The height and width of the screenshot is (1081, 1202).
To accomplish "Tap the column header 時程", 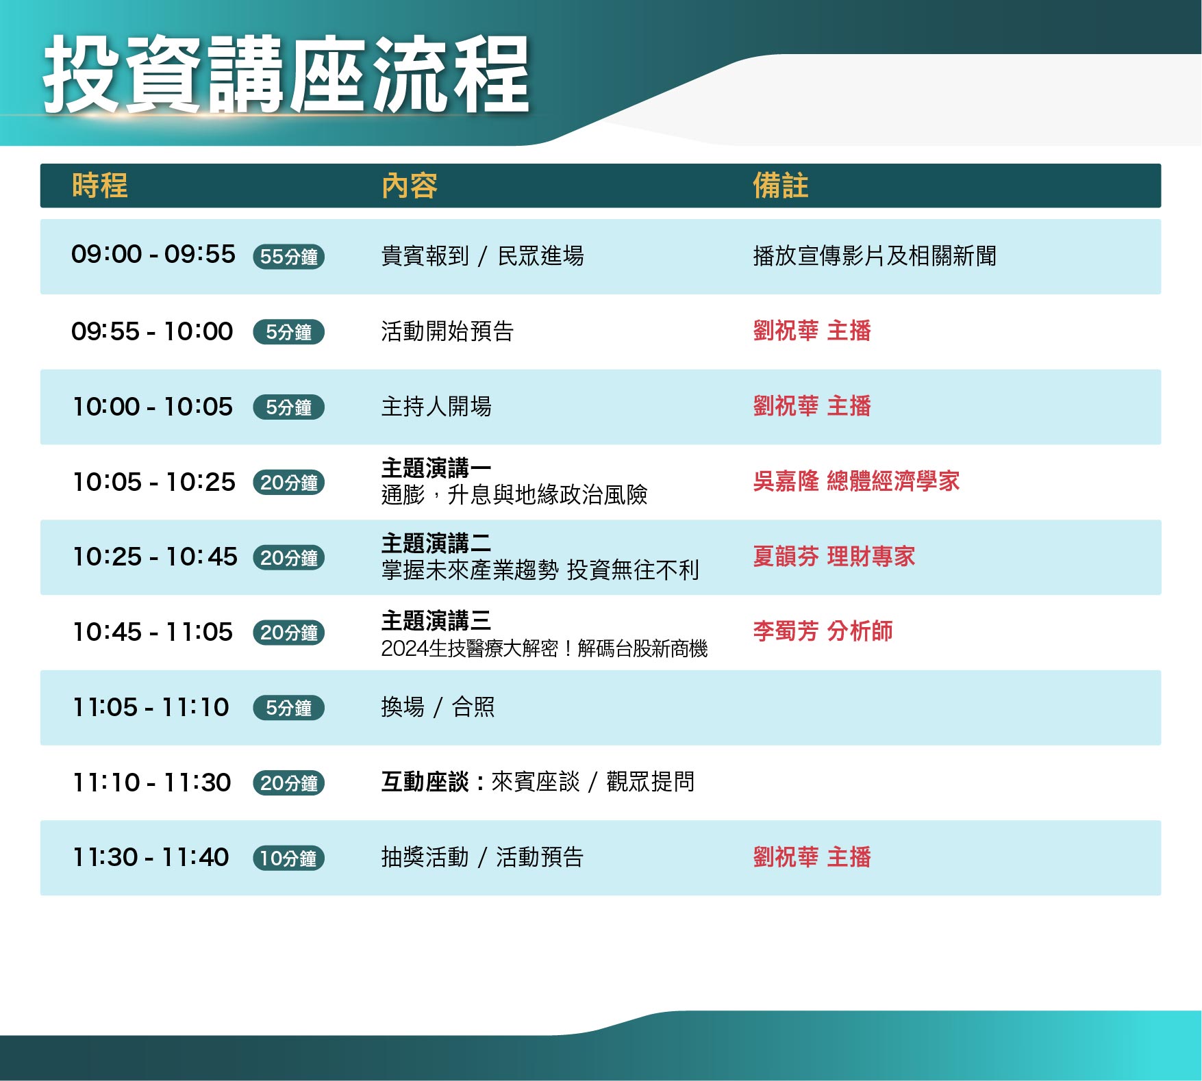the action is click(100, 186).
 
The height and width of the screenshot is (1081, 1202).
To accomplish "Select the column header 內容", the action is click(410, 186).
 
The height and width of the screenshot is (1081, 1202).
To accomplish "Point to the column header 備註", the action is click(781, 186).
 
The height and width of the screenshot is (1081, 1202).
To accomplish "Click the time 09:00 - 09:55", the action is click(153, 255).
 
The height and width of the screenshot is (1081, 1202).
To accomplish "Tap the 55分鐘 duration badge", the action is click(288, 257).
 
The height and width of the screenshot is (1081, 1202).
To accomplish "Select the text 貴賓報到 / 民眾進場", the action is click(483, 256).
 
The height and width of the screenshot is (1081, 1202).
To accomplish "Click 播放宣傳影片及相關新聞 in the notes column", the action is click(875, 256).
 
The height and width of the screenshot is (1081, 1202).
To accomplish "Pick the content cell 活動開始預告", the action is click(448, 331).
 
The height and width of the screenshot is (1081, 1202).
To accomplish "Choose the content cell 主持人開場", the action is click(436, 407).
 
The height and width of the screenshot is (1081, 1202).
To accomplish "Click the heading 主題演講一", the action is click(436, 468).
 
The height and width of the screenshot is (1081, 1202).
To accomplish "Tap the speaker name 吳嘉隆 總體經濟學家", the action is click(856, 481).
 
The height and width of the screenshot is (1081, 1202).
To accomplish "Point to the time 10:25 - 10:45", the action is click(155, 557).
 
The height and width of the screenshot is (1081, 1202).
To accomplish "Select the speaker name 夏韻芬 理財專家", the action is click(834, 557).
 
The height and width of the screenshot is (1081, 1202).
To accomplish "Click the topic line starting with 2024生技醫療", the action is click(544, 648).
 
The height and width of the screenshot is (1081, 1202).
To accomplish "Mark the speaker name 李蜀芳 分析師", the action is click(823, 631).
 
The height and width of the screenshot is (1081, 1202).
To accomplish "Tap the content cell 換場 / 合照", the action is click(438, 707).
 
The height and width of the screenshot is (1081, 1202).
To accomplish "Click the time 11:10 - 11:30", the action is click(152, 782).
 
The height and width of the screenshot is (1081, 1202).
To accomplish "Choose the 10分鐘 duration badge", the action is click(288, 858).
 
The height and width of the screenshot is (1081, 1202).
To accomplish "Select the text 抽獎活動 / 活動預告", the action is click(482, 857).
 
